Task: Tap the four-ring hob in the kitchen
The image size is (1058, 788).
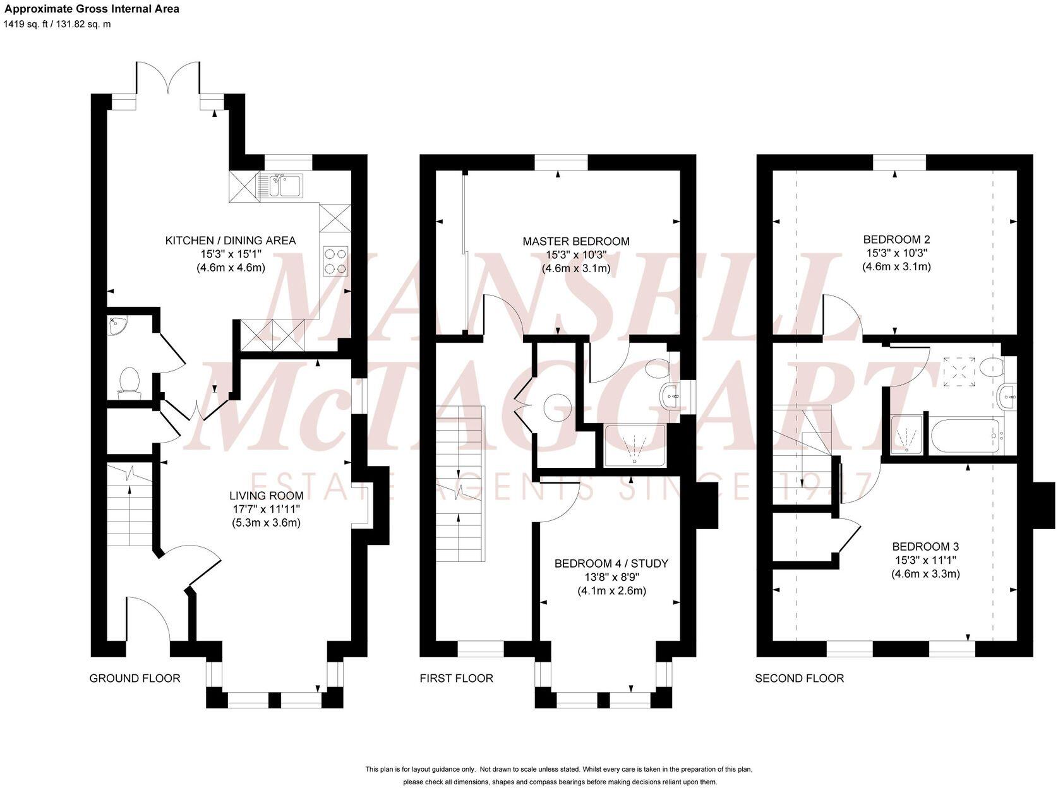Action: pos(335,261)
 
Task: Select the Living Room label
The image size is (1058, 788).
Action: pos(266,496)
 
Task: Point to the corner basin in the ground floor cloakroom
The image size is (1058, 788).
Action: pos(116,325)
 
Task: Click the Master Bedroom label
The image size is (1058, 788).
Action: pos(575,241)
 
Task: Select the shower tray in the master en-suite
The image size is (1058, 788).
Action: pos(634,446)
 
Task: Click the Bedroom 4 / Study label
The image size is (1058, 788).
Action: pos(611,563)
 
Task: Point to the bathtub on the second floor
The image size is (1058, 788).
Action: pos(965,436)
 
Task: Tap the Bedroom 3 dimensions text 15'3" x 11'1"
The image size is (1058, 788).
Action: pos(925,560)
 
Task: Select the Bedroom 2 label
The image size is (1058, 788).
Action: pos(896,240)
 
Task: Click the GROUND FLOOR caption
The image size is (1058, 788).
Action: pos(135,678)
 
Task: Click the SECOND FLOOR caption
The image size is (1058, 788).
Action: pos(799,678)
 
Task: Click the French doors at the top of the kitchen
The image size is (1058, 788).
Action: pos(169,82)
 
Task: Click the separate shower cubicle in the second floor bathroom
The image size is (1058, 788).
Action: pos(907,434)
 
